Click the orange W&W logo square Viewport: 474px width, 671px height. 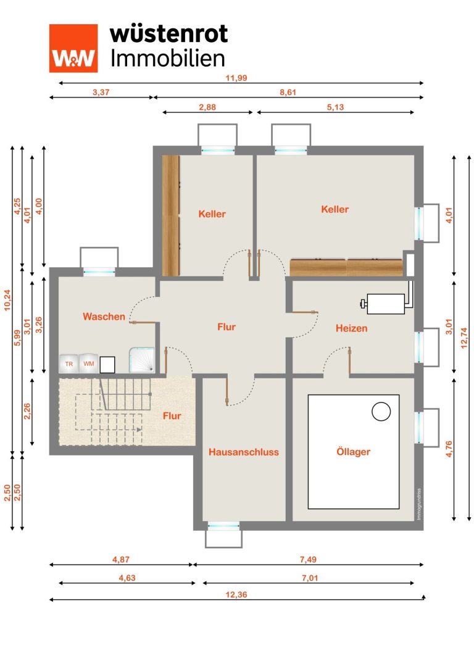tap(73, 48)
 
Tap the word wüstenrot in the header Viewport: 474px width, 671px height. tap(169, 34)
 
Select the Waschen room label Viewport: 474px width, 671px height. tap(104, 317)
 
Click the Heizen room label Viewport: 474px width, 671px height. tap(351, 328)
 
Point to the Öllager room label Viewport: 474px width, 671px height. tap(354, 451)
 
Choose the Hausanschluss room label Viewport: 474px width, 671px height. tap(243, 452)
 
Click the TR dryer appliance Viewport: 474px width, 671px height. tap(69, 364)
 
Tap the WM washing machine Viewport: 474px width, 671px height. tap(88, 364)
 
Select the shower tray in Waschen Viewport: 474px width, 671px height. tap(141, 360)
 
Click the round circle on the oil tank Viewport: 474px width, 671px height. tap(381, 412)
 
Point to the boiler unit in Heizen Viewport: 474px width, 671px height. tap(386, 304)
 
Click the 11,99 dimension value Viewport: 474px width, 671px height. tap(236, 78)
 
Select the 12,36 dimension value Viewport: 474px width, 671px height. tap(236, 594)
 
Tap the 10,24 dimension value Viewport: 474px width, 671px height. tap(7, 300)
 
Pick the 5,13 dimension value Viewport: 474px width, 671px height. tap(335, 107)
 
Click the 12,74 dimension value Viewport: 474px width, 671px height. tap(464, 338)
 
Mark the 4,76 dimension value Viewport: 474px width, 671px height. tap(449, 449)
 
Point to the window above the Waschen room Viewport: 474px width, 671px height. tap(99, 262)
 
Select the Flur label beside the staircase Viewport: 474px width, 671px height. tap(172, 415)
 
